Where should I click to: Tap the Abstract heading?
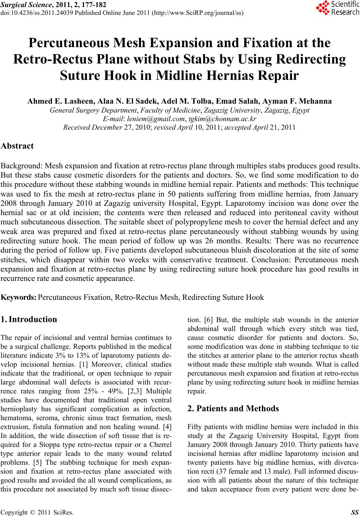17,146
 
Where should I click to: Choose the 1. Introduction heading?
29,319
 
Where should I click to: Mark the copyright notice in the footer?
38,512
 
